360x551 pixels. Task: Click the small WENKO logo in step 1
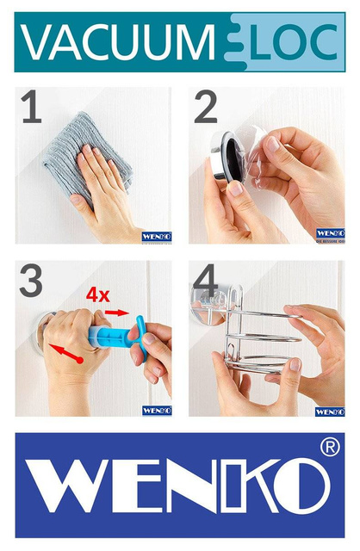pos(157,236)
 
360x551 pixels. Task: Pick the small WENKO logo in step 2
pos(330,232)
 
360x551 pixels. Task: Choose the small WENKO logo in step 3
pos(157,410)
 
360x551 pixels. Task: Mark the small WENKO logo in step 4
pos(330,411)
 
